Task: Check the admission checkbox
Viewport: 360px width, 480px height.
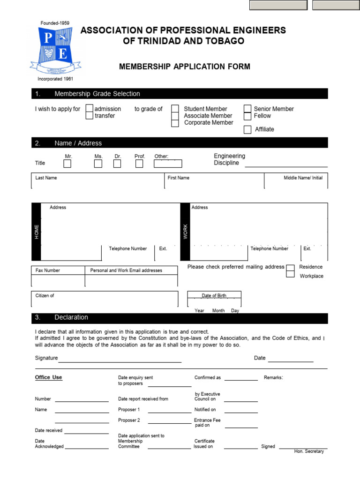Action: pos(89,109)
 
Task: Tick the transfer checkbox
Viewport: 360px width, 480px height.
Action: pos(89,116)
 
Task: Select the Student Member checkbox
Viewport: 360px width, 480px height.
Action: pos(175,109)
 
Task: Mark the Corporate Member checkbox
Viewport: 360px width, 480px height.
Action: pos(175,123)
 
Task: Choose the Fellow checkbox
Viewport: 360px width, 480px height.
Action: pos(247,116)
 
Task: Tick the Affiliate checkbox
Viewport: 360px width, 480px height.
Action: pos(247,130)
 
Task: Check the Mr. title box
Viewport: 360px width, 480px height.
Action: pos(67,164)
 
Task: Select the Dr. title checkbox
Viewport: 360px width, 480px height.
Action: pos(117,164)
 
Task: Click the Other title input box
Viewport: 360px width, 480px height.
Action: pos(168,164)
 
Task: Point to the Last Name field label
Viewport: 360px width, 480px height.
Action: pos(46,178)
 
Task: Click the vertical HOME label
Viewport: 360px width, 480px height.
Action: pos(37,232)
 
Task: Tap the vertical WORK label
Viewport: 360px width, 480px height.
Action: pos(185,232)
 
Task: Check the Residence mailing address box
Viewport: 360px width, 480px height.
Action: pos(291,268)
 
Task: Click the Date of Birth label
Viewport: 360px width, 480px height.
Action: pos(214,296)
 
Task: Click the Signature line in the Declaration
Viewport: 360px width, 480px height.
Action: pos(120,360)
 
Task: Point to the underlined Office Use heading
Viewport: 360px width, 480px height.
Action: pos(48,377)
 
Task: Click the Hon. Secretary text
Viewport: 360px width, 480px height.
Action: pos(309,451)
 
